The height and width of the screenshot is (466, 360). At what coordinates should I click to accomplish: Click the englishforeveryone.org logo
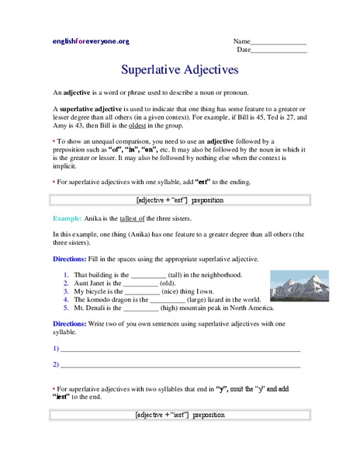(91, 41)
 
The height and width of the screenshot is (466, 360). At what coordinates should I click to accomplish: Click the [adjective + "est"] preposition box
(179, 200)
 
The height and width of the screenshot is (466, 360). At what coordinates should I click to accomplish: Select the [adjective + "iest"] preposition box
(179, 415)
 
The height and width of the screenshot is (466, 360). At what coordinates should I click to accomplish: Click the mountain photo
(292, 285)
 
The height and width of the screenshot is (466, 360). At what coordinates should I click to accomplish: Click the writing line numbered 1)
(180, 349)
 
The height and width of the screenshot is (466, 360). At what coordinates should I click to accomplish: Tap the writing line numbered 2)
(180, 364)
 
